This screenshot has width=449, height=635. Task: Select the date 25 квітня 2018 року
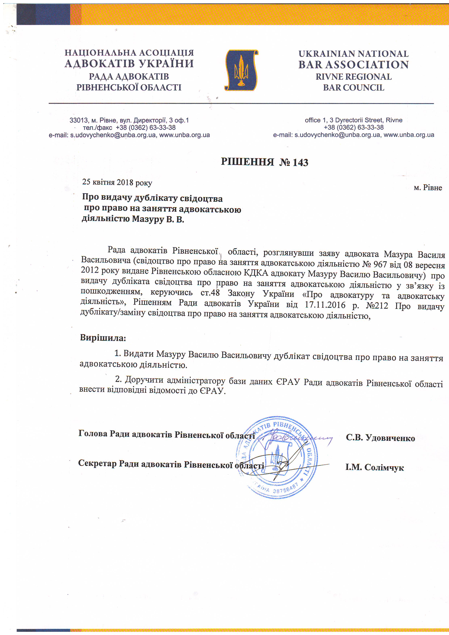[x=117, y=182]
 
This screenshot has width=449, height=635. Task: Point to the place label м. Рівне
[x=428, y=188]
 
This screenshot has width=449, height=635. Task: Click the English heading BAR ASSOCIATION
[x=353, y=65]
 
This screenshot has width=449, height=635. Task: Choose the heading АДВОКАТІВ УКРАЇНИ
[x=129, y=64]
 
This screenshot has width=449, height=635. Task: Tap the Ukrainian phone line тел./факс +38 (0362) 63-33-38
[x=129, y=127]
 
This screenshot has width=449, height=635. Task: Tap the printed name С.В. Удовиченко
[x=380, y=438]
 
